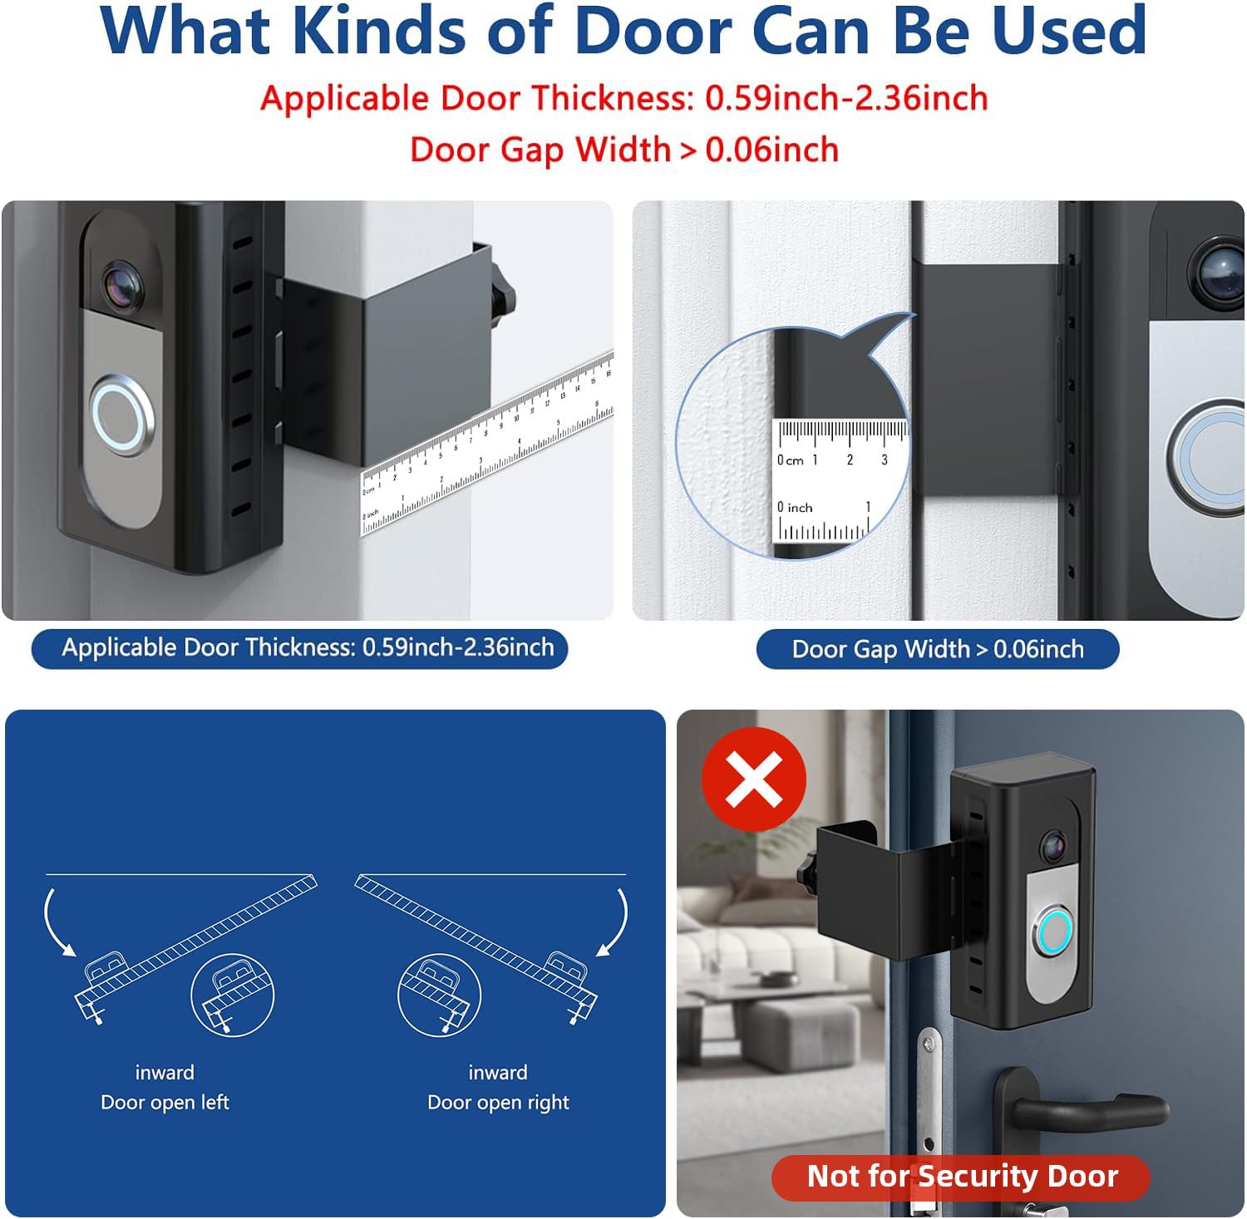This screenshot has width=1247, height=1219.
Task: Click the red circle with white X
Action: [x=753, y=779]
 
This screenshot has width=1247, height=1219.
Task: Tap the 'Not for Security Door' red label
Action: [x=961, y=1177]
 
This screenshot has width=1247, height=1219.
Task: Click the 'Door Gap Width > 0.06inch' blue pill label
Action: [x=937, y=649]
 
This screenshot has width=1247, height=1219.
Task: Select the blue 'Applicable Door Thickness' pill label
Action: [x=300, y=648]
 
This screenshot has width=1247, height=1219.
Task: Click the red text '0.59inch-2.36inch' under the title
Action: [x=845, y=99]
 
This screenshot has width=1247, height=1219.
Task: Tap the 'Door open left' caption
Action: [x=165, y=1102]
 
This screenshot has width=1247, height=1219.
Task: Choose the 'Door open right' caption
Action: [x=498, y=1102]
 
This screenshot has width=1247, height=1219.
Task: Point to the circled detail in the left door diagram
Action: [x=233, y=995]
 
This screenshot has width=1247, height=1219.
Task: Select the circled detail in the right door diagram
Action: [x=439, y=995]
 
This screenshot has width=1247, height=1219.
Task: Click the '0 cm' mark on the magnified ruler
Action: [x=789, y=460]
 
